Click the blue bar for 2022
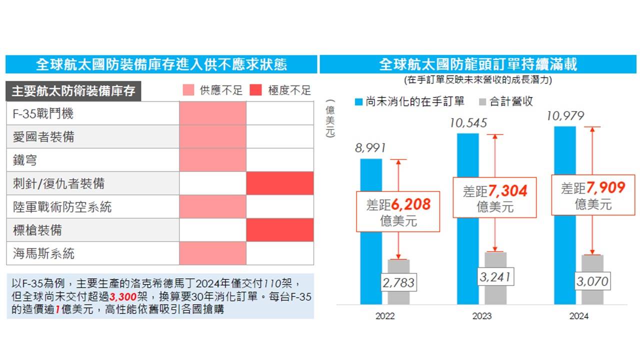(x=371, y=231)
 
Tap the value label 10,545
(x=468, y=123)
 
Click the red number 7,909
(x=606, y=188)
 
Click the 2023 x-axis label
(x=481, y=316)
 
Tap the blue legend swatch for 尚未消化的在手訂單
(x=358, y=102)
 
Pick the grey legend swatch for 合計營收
(x=483, y=102)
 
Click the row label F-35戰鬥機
(x=43, y=114)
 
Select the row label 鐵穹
(x=25, y=160)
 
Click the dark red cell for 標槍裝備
(x=280, y=230)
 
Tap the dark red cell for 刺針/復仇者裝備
(x=280, y=183)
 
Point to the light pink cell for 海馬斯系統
(x=213, y=253)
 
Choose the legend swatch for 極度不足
(x=255, y=90)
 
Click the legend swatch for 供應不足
(x=188, y=90)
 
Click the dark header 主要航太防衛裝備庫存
(x=73, y=91)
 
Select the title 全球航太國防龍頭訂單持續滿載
(x=478, y=64)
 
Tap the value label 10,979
(x=565, y=116)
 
